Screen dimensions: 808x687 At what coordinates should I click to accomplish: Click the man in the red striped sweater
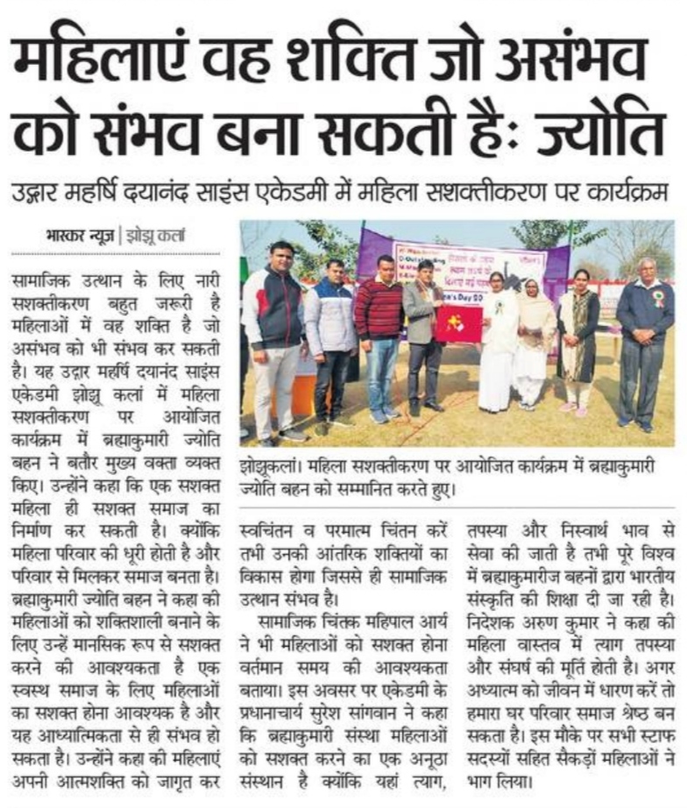[379, 333]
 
